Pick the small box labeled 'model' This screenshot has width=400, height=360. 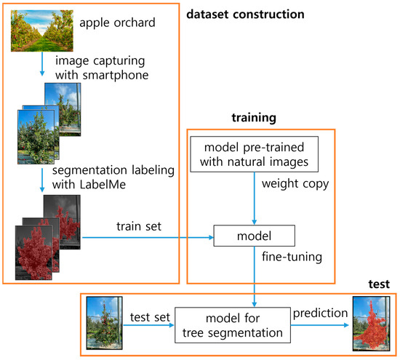[254, 235]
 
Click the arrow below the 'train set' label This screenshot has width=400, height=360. [145, 236]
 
